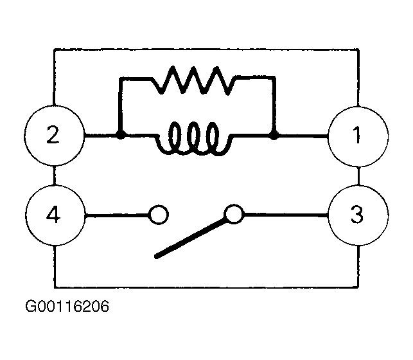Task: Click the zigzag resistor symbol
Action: [195, 80]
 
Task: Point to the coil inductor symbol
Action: [195, 139]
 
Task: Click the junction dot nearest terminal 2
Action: [121, 136]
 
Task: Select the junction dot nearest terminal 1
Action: [274, 136]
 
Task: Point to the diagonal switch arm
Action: [191, 239]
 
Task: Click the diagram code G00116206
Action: [67, 307]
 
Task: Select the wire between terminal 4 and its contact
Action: [117, 215]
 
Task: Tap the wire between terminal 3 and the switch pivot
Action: [286, 215]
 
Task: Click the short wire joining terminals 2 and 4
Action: [54, 175]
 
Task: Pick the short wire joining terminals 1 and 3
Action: [358, 175]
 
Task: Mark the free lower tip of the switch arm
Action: [155, 256]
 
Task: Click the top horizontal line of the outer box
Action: [206, 50]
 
